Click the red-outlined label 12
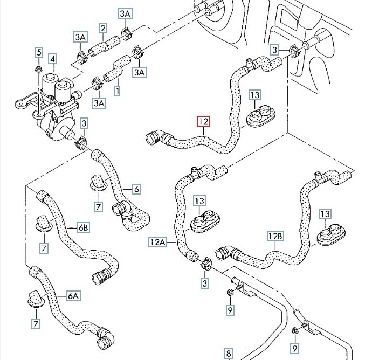pyautogui.click(x=203, y=122)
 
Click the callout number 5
pyautogui.click(x=39, y=52)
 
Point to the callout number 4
pyautogui.click(x=53, y=59)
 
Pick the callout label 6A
pyautogui.click(x=73, y=295)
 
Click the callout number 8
pyautogui.click(x=229, y=353)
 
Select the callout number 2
pyautogui.click(x=102, y=28)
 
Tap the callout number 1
pyautogui.click(x=117, y=91)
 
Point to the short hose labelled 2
pyautogui.click(x=102, y=46)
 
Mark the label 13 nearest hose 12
pyautogui.click(x=254, y=95)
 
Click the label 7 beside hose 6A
pyautogui.click(x=36, y=324)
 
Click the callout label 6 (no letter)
pyautogui.click(x=136, y=189)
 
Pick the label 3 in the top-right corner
pyautogui.click(x=275, y=50)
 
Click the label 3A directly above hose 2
pyautogui.click(x=125, y=12)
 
